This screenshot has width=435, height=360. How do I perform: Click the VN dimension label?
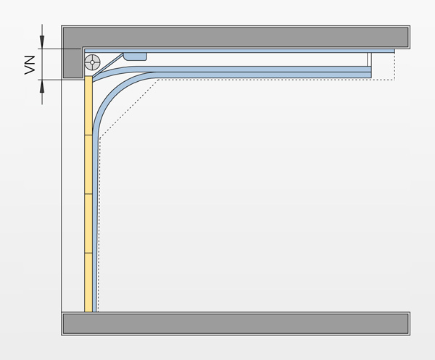(x=30, y=65)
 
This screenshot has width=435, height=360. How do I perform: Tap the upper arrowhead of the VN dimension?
(x=42, y=42)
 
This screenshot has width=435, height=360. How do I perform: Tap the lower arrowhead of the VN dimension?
(x=42, y=86)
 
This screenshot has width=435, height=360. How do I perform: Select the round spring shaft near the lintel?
(x=92, y=62)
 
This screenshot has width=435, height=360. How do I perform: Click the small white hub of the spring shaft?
(x=92, y=62)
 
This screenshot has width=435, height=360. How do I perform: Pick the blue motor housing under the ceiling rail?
(x=135, y=56)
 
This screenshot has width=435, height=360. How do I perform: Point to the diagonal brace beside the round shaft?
(x=108, y=65)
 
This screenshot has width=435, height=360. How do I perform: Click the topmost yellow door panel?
(x=88, y=106)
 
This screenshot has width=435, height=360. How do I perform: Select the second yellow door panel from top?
(x=88, y=164)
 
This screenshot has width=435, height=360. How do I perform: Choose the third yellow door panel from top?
(x=88, y=223)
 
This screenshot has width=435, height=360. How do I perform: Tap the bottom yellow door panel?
(x=88, y=282)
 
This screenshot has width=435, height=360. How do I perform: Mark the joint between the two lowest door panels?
(x=88, y=253)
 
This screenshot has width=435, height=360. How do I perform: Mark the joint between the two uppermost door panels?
(x=88, y=135)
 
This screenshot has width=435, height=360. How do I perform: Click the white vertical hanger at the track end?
(x=369, y=59)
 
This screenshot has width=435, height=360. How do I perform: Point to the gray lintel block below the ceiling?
(x=72, y=63)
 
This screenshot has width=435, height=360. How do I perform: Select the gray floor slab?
(x=236, y=324)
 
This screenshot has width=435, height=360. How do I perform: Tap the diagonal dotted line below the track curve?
(x=129, y=109)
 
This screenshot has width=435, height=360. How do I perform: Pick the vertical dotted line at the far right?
(x=394, y=66)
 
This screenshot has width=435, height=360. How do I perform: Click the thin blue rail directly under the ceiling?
(x=239, y=51)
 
